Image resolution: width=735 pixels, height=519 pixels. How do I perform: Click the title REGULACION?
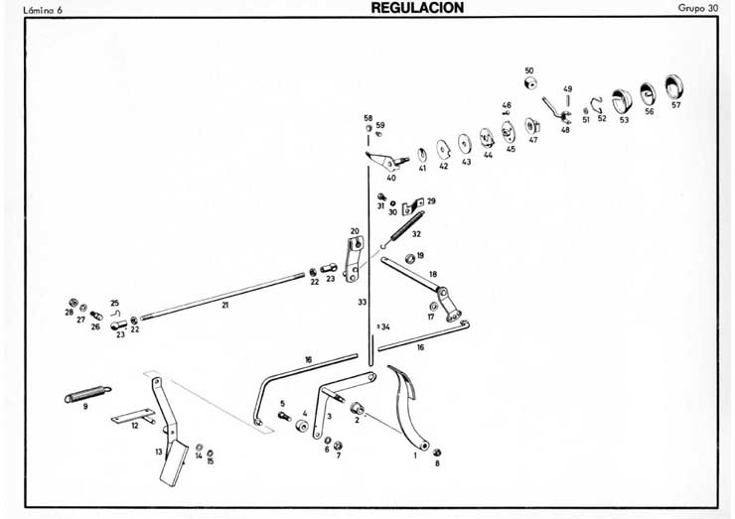417,7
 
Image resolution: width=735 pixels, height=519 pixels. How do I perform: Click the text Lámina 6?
28,8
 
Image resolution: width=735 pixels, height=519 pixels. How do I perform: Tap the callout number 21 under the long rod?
225,306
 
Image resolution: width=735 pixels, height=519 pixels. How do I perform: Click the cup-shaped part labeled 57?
675,87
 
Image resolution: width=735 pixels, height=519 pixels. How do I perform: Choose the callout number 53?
624,119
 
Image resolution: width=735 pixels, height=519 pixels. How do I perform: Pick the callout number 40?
391,179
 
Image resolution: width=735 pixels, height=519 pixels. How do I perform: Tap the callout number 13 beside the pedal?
158,452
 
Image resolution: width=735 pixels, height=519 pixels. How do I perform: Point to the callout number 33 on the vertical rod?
363,301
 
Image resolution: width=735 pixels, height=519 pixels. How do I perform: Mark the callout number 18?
432,273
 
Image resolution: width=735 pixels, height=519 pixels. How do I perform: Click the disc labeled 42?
442,151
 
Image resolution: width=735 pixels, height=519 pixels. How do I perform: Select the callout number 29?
431,200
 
